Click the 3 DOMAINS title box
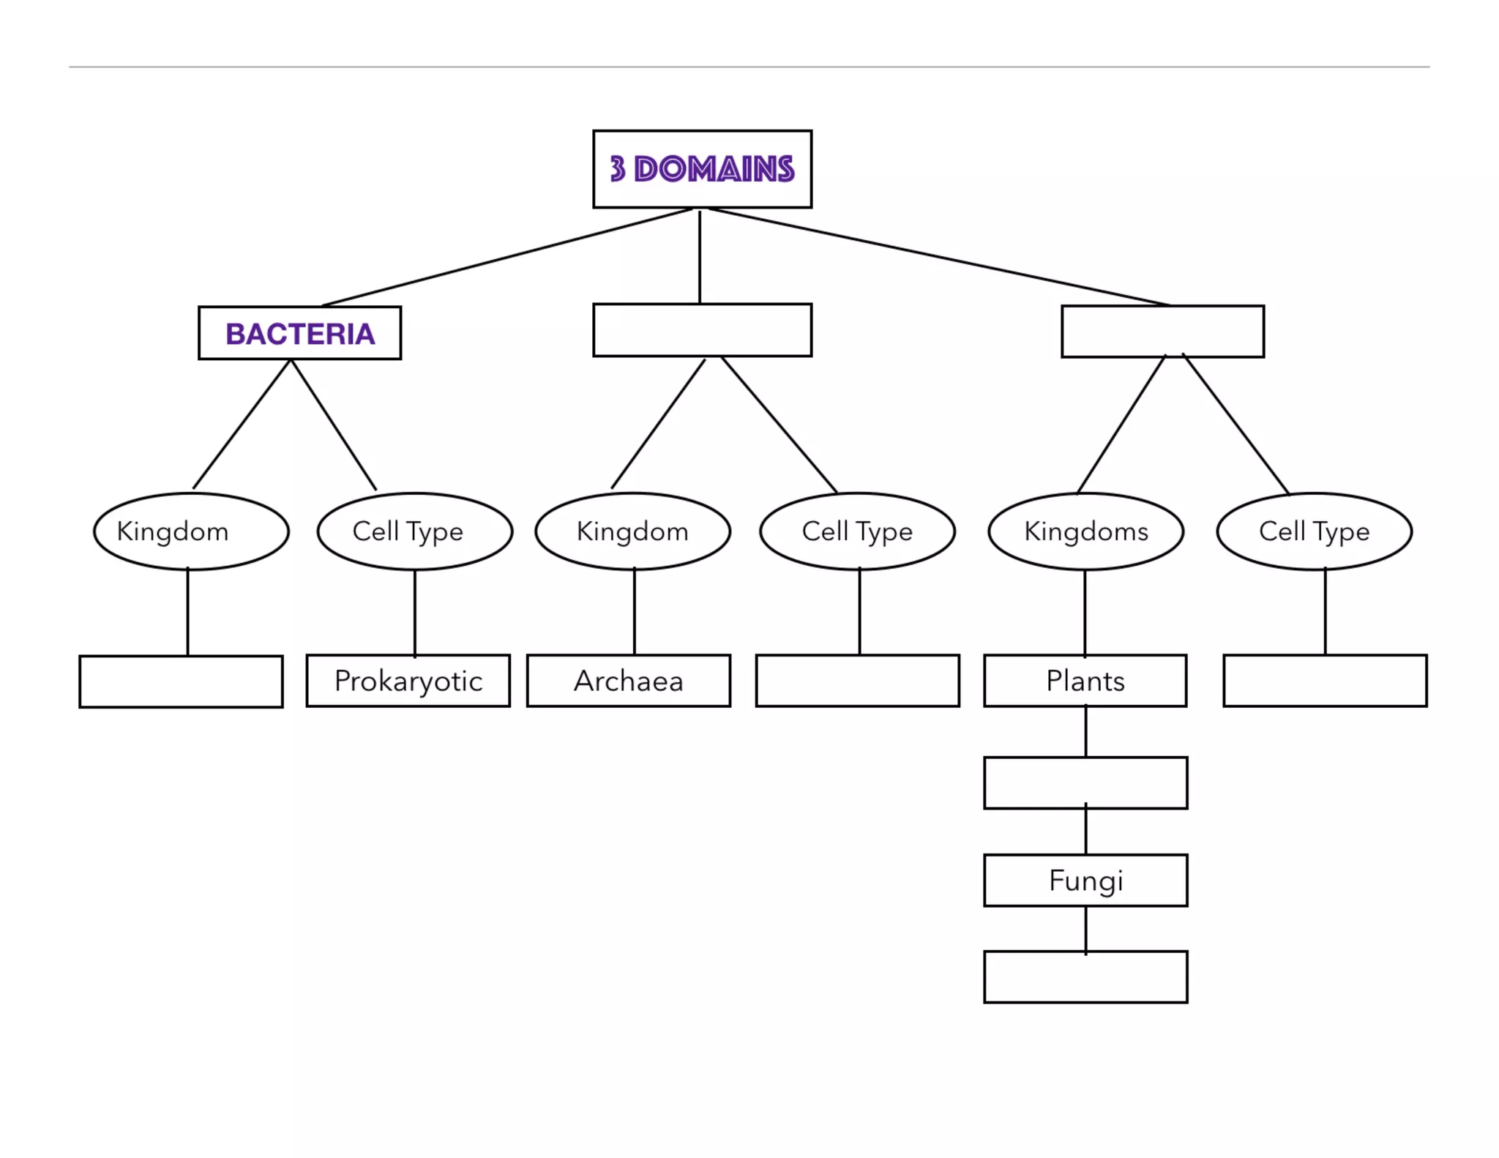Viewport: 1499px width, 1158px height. coord(702,169)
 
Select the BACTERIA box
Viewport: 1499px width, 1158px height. coord(299,333)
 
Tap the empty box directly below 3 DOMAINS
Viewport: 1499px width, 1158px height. coord(702,330)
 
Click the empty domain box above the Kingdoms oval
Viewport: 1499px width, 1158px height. coord(1162,332)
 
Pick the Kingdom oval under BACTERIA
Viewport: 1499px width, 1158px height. coord(191,531)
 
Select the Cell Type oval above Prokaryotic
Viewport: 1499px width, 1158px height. coord(414,531)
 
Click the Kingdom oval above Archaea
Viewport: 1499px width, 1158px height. coord(632,531)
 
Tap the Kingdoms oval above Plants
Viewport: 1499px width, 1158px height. coord(1085,531)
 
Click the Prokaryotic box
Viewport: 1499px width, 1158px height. coord(408,681)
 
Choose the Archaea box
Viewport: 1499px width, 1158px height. coord(628,681)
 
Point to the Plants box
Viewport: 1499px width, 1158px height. coord(1085,681)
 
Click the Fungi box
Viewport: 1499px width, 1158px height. coord(1085,880)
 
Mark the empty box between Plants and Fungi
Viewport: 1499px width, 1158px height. coord(1085,782)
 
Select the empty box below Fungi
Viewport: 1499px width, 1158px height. coord(1085,976)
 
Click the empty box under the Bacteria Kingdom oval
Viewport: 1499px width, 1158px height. coord(181,681)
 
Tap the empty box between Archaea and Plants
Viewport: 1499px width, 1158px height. coord(857,681)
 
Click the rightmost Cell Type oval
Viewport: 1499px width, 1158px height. coord(1314,531)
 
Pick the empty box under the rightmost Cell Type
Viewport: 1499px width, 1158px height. coord(1325,681)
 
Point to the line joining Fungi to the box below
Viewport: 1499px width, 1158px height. coord(1085,929)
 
